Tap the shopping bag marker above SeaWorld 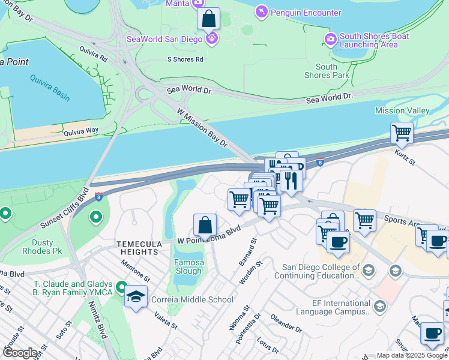208,19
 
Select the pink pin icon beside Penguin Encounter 261,12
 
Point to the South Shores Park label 326,71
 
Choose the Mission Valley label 402,110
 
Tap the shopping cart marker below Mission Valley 402,134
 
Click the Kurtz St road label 405,158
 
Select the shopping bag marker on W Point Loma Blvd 205,226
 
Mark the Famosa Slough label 188,266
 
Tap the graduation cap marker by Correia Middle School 136,296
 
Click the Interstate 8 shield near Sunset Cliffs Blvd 98,195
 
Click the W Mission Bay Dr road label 202,127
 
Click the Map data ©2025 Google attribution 412,355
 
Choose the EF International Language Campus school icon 379,307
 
